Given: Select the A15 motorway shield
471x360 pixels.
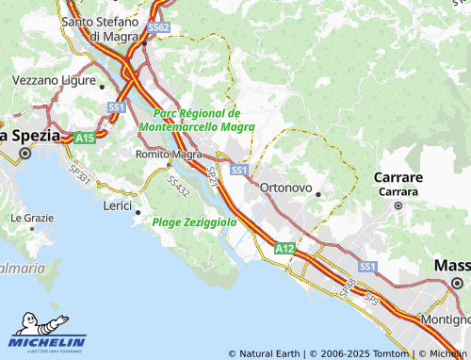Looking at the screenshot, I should [x=85, y=138].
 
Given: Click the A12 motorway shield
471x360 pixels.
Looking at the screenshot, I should [x=285, y=248].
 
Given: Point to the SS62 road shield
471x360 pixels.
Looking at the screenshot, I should [x=158, y=28].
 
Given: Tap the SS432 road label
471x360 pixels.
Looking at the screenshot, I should [x=177, y=186].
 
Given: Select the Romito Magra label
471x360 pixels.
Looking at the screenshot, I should [x=169, y=154].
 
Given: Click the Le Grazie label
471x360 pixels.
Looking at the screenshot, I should [x=32, y=218].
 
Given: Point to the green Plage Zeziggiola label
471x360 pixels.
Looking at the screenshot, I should [x=194, y=222].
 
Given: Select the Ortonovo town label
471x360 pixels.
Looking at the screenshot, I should [x=285, y=188].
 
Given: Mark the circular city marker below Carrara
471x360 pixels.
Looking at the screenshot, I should [x=398, y=205].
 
